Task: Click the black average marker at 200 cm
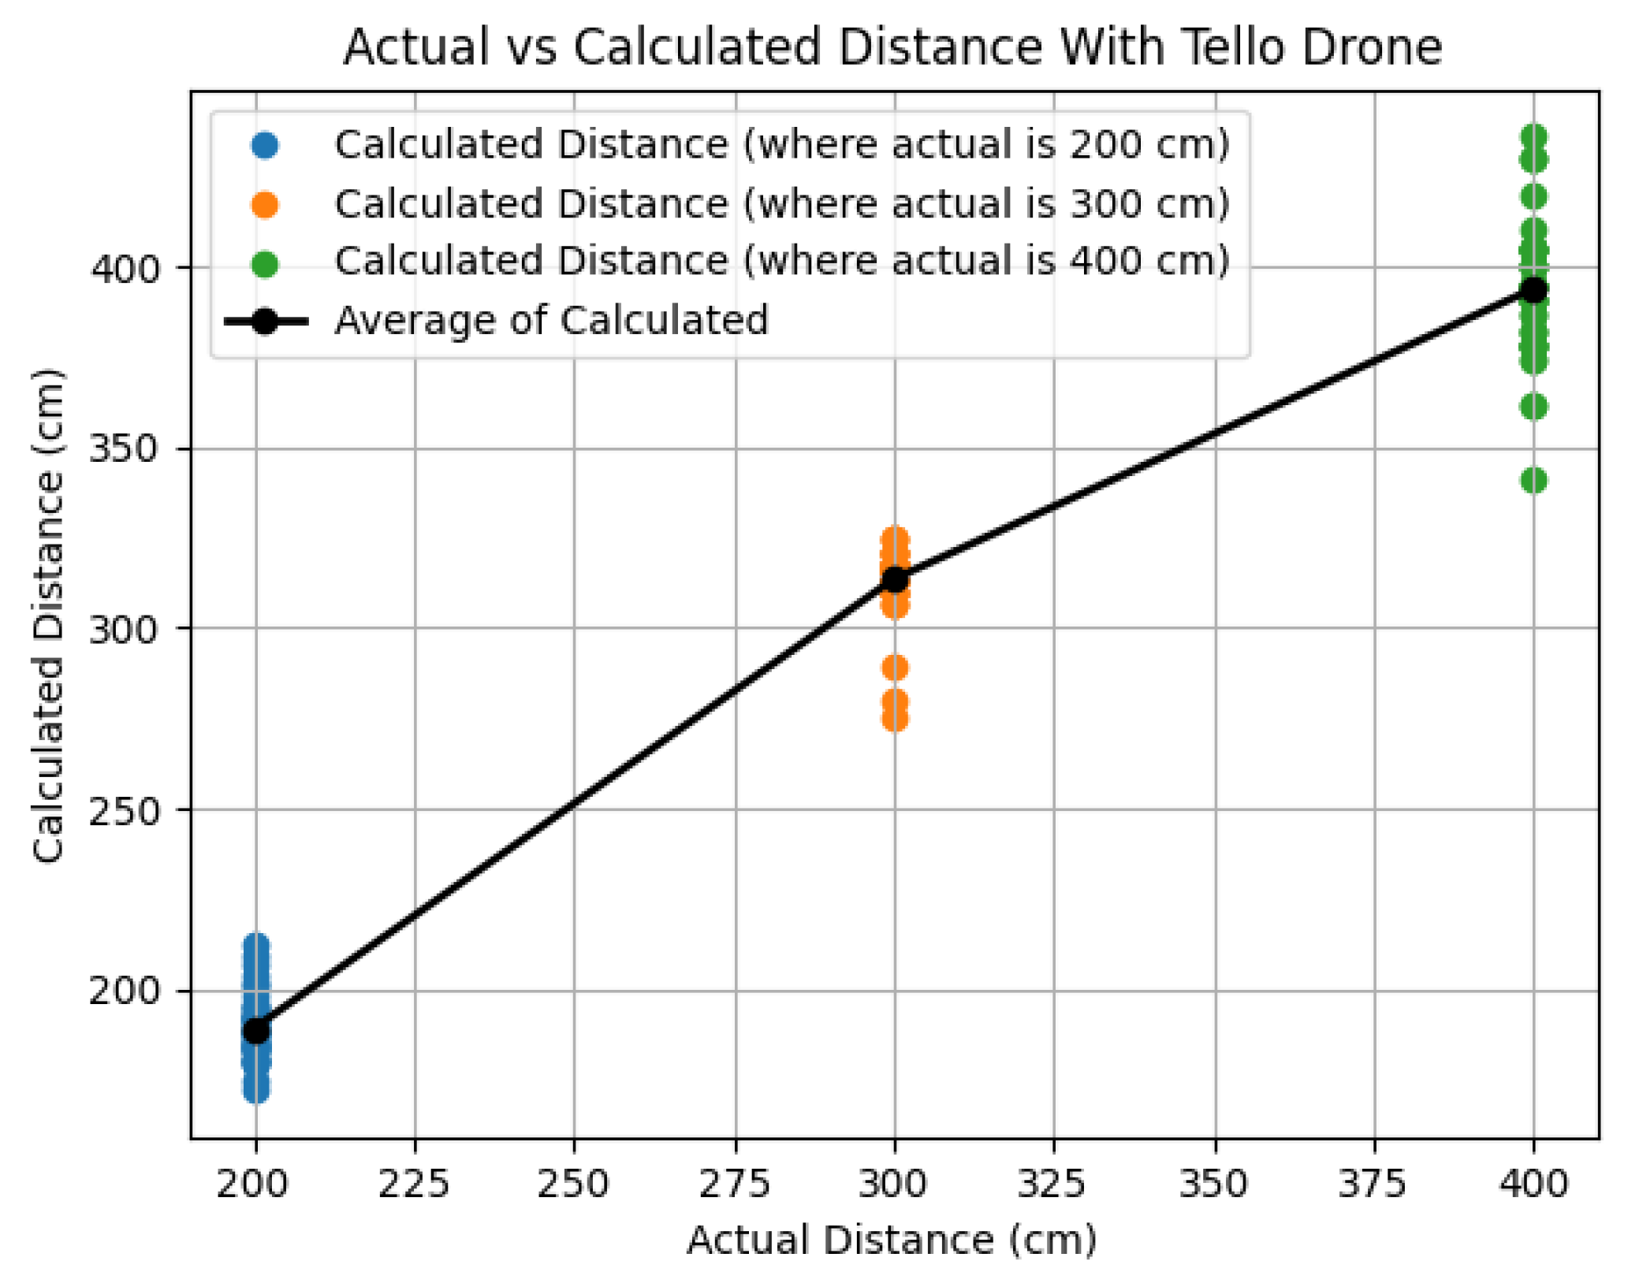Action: (255, 1030)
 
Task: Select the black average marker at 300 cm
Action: (894, 579)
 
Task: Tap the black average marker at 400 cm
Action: (1533, 290)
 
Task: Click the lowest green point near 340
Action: (1533, 480)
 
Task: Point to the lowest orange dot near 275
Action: (894, 719)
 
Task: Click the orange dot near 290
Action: (894, 668)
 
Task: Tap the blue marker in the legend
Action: (265, 146)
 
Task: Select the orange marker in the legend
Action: (265, 205)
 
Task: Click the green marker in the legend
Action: (265, 263)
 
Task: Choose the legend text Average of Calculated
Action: (550, 321)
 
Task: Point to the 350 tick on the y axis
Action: (123, 448)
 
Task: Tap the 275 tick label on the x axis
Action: (734, 1183)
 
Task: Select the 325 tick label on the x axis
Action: (1054, 1183)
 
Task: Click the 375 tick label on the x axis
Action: (1373, 1183)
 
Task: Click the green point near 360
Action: (1533, 407)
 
